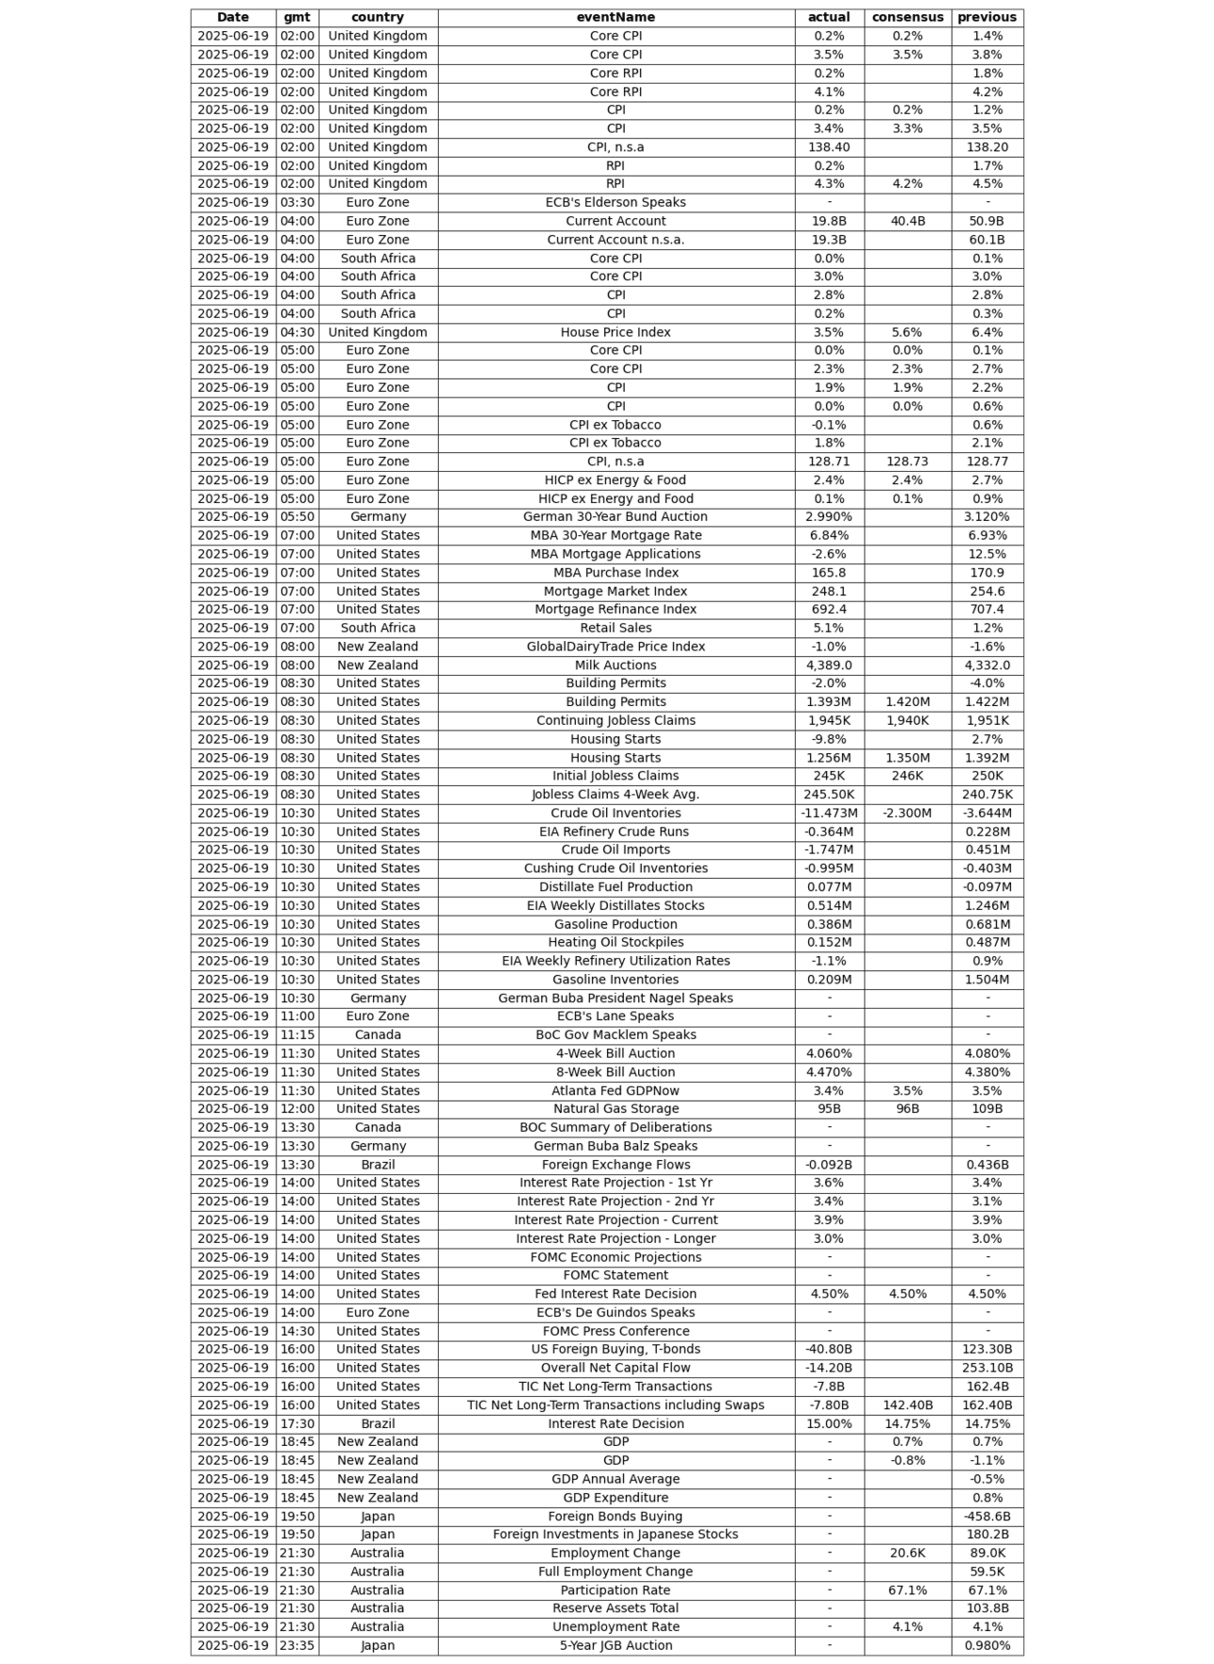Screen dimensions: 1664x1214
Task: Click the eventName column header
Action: pos(615,17)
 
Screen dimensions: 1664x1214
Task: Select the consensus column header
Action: pos(907,17)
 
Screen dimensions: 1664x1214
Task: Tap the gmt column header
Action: pos(297,17)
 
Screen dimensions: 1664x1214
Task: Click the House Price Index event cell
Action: pos(615,332)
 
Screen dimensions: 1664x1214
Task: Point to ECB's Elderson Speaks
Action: pos(615,202)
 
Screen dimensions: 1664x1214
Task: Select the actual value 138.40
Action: pos(829,147)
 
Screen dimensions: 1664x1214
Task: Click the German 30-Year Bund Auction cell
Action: pos(615,517)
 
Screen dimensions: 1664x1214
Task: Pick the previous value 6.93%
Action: pos(987,535)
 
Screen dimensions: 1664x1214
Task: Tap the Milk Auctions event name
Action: pos(615,665)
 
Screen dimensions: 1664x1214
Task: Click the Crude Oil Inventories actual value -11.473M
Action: pos(829,813)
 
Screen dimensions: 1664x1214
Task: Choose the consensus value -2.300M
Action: pos(907,813)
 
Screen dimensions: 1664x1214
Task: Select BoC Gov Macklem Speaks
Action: pos(615,1035)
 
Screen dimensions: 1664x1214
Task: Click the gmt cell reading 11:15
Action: pos(297,1035)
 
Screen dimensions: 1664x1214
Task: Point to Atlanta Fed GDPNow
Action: pos(615,1091)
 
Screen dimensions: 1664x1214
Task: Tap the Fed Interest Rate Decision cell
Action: pos(615,1294)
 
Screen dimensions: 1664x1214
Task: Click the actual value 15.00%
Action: pos(829,1423)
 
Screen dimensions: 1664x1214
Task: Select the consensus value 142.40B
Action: pos(907,1405)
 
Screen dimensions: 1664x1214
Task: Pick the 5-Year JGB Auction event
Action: pos(615,1646)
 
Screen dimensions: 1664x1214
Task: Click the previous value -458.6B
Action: pos(987,1516)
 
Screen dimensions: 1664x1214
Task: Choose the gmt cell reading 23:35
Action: pos(297,1646)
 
